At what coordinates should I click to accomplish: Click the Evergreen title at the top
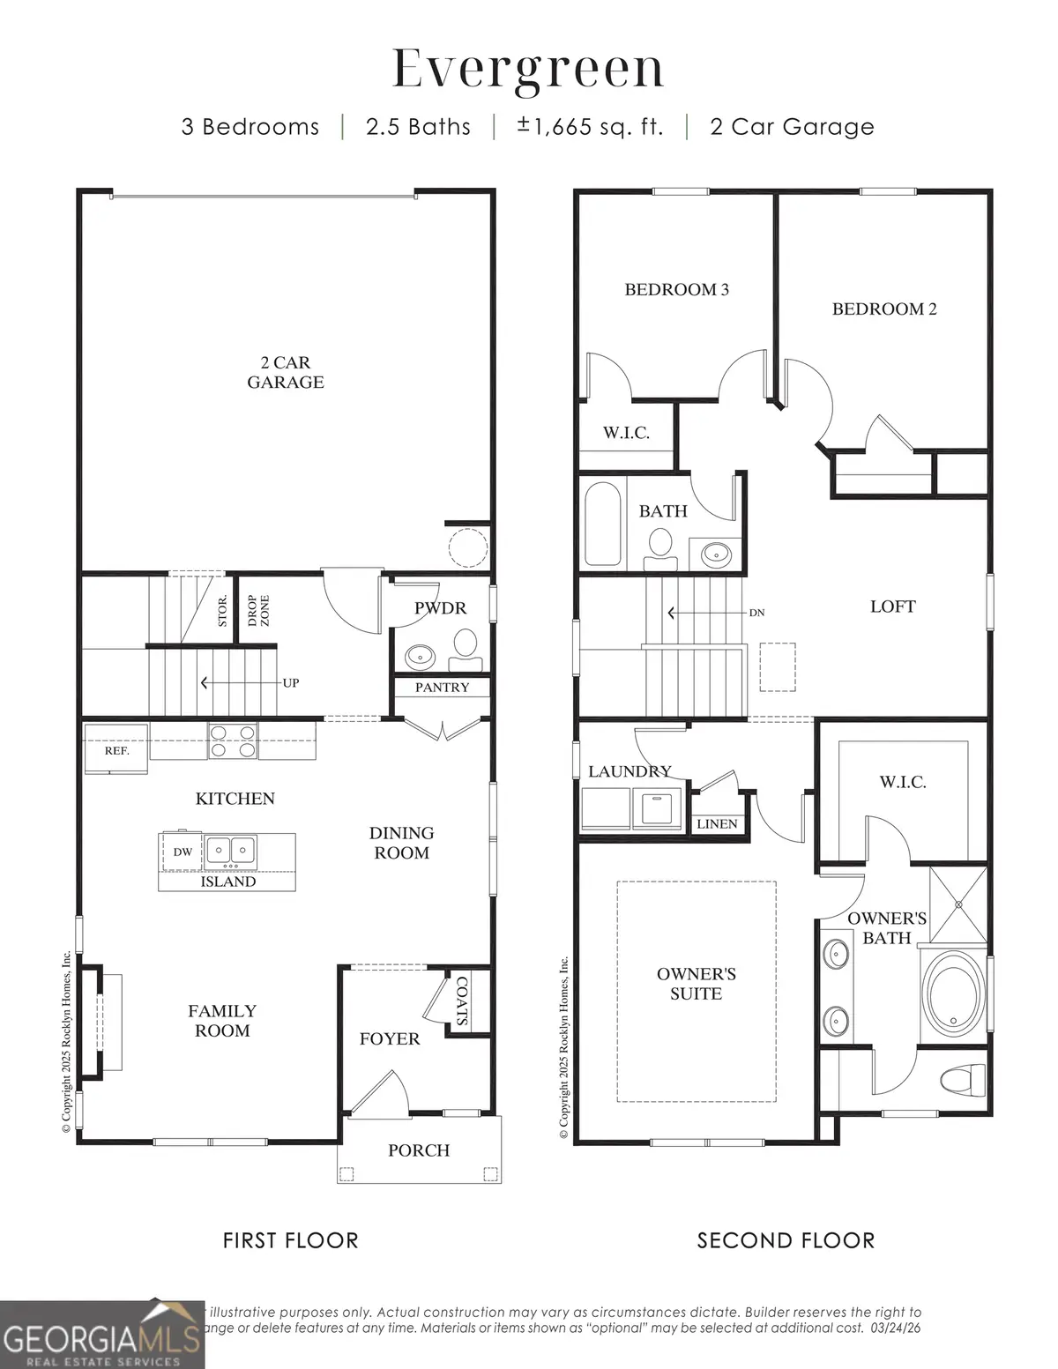tap(527, 69)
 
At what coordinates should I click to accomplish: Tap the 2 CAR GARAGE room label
tap(285, 372)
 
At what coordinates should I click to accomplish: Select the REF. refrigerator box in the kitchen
tap(116, 750)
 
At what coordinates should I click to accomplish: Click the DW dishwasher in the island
tap(183, 852)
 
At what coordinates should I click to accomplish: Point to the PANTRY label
tap(442, 688)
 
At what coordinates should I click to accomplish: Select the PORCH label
tap(419, 1150)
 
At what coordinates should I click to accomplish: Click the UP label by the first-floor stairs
tap(290, 682)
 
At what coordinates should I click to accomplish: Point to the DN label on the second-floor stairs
tap(756, 613)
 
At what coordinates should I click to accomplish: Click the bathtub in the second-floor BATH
tap(603, 525)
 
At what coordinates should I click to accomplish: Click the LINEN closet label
tap(717, 823)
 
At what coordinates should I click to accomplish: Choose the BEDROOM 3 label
tap(676, 289)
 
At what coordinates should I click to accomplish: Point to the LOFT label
tap(892, 606)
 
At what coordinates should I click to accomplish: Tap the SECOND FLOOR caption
tap(786, 1240)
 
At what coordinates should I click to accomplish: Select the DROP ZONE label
tap(258, 611)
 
